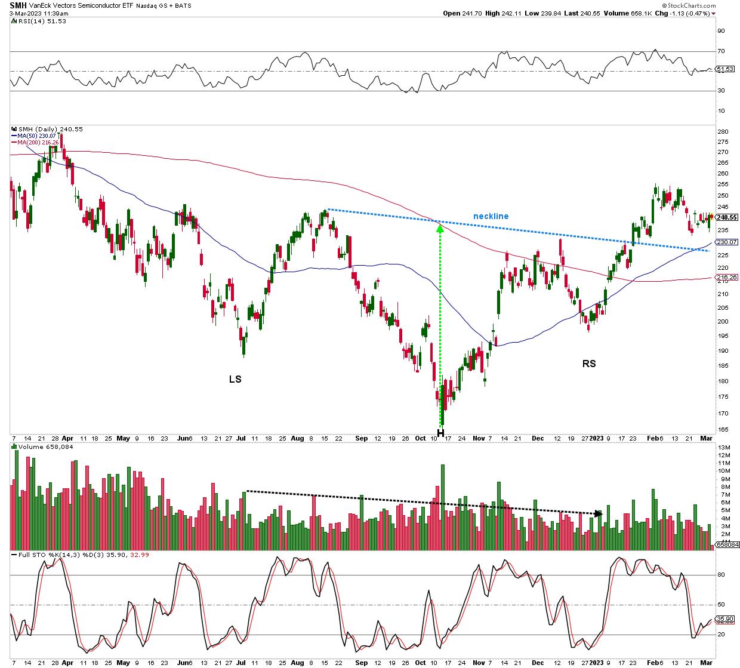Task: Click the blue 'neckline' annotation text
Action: click(491, 216)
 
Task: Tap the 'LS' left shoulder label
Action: click(235, 379)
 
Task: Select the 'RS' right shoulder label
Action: click(588, 363)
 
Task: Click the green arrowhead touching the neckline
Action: click(440, 226)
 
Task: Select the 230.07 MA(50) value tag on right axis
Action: click(726, 242)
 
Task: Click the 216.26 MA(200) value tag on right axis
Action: click(726, 278)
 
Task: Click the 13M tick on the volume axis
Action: click(724, 448)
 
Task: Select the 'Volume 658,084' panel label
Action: click(40, 446)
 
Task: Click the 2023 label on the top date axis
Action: click(597, 438)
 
